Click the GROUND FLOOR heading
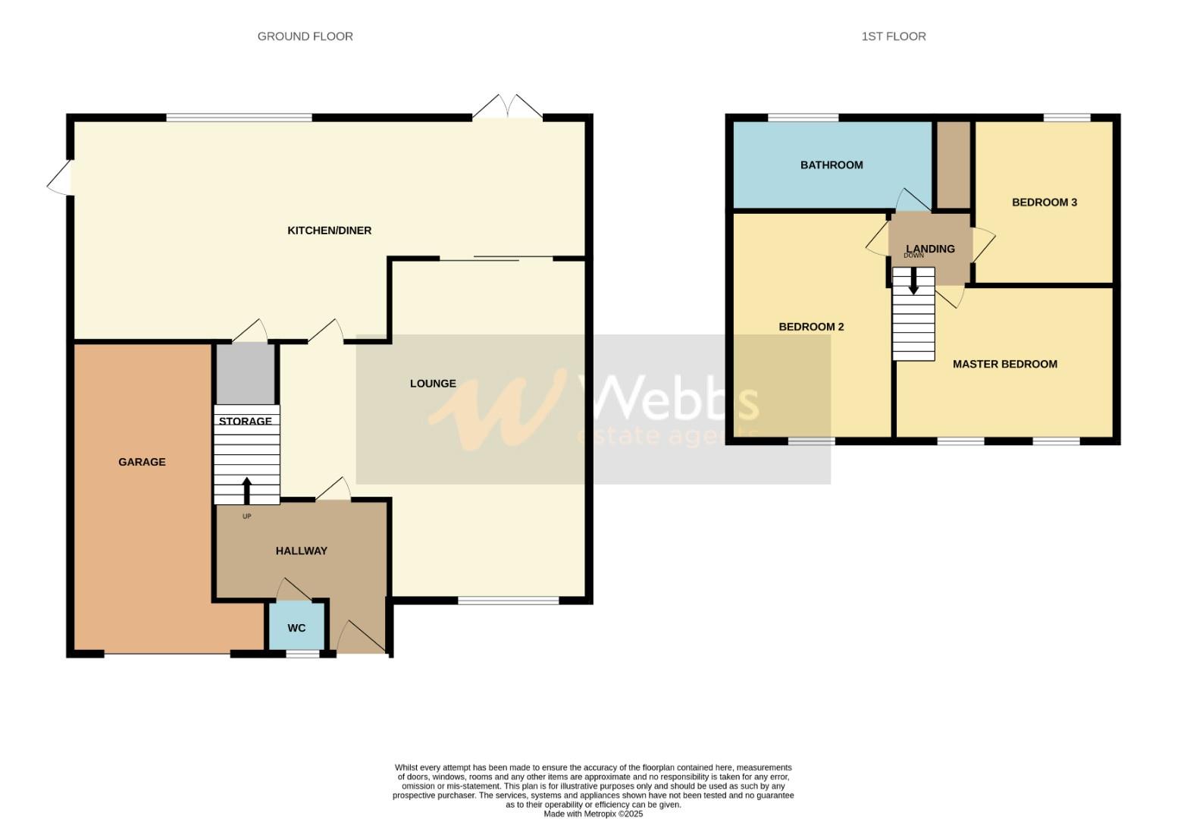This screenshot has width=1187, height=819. [305, 36]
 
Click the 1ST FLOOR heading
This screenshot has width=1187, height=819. [893, 36]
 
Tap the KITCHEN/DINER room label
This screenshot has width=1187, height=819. [329, 231]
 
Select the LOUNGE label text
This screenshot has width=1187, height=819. [433, 384]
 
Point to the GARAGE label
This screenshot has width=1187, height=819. [142, 462]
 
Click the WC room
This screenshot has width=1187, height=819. [296, 628]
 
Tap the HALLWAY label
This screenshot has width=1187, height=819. [301, 551]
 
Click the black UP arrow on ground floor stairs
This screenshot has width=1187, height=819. [246, 490]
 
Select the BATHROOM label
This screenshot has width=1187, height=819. [832, 165]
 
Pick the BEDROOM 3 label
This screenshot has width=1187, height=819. [1044, 202]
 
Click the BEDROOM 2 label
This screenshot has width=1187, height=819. [811, 327]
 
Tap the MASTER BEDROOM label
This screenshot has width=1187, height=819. [1004, 364]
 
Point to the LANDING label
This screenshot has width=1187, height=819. [930, 249]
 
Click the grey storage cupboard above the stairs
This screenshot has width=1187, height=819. [246, 374]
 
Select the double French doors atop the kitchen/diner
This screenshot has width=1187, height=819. [507, 108]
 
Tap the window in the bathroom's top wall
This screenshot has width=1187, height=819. [803, 118]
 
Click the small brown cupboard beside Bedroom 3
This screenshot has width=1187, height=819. [954, 164]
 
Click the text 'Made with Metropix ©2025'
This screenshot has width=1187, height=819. [593, 814]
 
